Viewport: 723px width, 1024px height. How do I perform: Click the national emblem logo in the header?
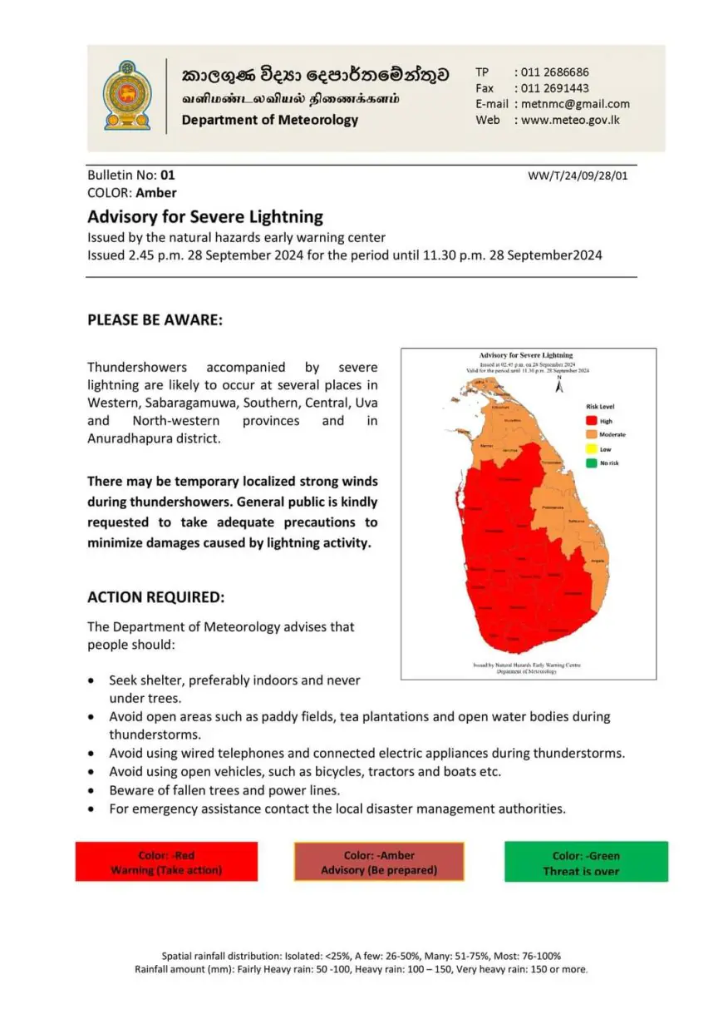point(127,96)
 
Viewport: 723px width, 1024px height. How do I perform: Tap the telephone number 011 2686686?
point(554,72)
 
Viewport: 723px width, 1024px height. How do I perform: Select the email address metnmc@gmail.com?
point(575,104)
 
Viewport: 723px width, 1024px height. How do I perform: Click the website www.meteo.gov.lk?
point(570,120)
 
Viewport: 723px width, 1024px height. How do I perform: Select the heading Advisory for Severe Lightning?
point(205,216)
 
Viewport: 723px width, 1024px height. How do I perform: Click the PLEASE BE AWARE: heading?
point(155,319)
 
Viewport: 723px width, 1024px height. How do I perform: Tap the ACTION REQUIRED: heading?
point(156,597)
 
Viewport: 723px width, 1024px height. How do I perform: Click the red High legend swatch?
point(591,422)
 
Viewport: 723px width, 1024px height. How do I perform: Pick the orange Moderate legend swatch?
point(591,435)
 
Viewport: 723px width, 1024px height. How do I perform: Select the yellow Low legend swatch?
point(591,449)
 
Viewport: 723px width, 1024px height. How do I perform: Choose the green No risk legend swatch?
point(591,463)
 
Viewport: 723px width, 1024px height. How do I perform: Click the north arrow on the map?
point(559,386)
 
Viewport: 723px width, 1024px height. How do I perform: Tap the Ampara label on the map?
point(597,561)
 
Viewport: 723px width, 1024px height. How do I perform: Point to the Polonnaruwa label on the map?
point(552,507)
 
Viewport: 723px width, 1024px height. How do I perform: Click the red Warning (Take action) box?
point(166,862)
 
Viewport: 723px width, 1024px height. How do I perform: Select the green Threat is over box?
point(586,862)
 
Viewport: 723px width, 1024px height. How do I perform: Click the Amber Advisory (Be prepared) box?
point(379,862)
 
